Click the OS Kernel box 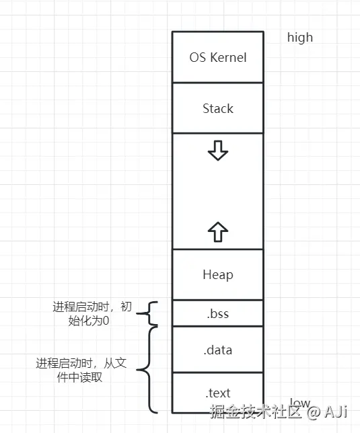coord(217,57)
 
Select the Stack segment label coord(217,108)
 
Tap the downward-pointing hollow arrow coord(217,152)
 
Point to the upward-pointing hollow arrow coord(217,232)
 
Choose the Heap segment coord(217,274)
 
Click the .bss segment coord(217,313)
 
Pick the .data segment coord(217,350)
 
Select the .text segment coord(217,393)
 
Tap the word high coord(300,38)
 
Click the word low coord(299,403)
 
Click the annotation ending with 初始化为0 coord(92,313)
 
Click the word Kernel coord(229,57)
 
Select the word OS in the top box coord(198,57)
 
